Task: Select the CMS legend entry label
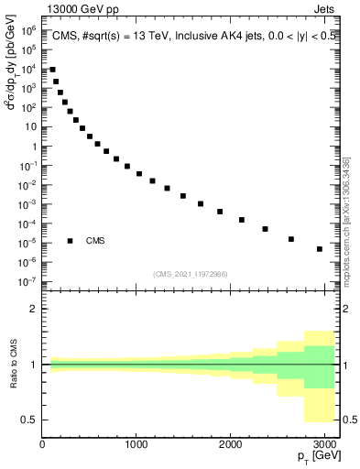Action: (95, 241)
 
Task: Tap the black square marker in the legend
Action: (71, 241)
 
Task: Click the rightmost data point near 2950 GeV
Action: (320, 249)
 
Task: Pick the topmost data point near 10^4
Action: (53, 70)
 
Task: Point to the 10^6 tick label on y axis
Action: (28, 30)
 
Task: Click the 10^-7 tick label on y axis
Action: (28, 281)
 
